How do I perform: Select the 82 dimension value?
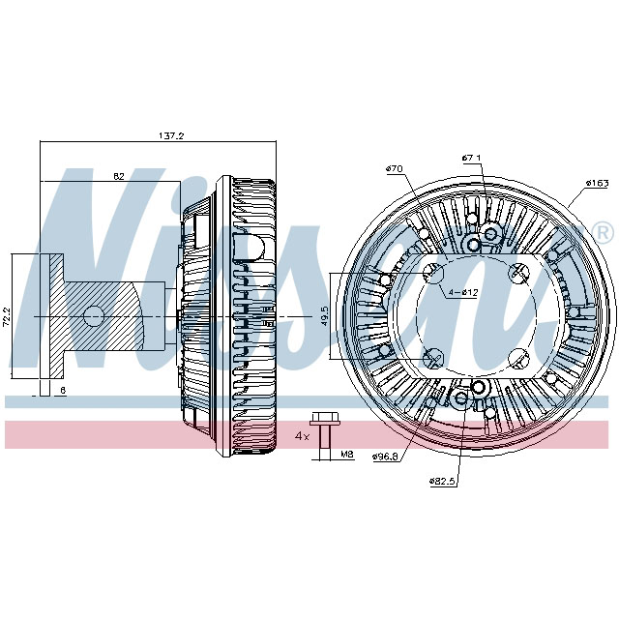click(x=118, y=175)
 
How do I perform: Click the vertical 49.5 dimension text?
click(x=325, y=316)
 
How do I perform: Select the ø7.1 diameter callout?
click(x=472, y=158)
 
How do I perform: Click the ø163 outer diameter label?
click(x=597, y=183)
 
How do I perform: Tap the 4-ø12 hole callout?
click(x=462, y=292)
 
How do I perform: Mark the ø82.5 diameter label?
click(x=443, y=481)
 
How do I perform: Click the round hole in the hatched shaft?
click(x=94, y=315)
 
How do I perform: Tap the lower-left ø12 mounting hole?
click(x=432, y=359)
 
